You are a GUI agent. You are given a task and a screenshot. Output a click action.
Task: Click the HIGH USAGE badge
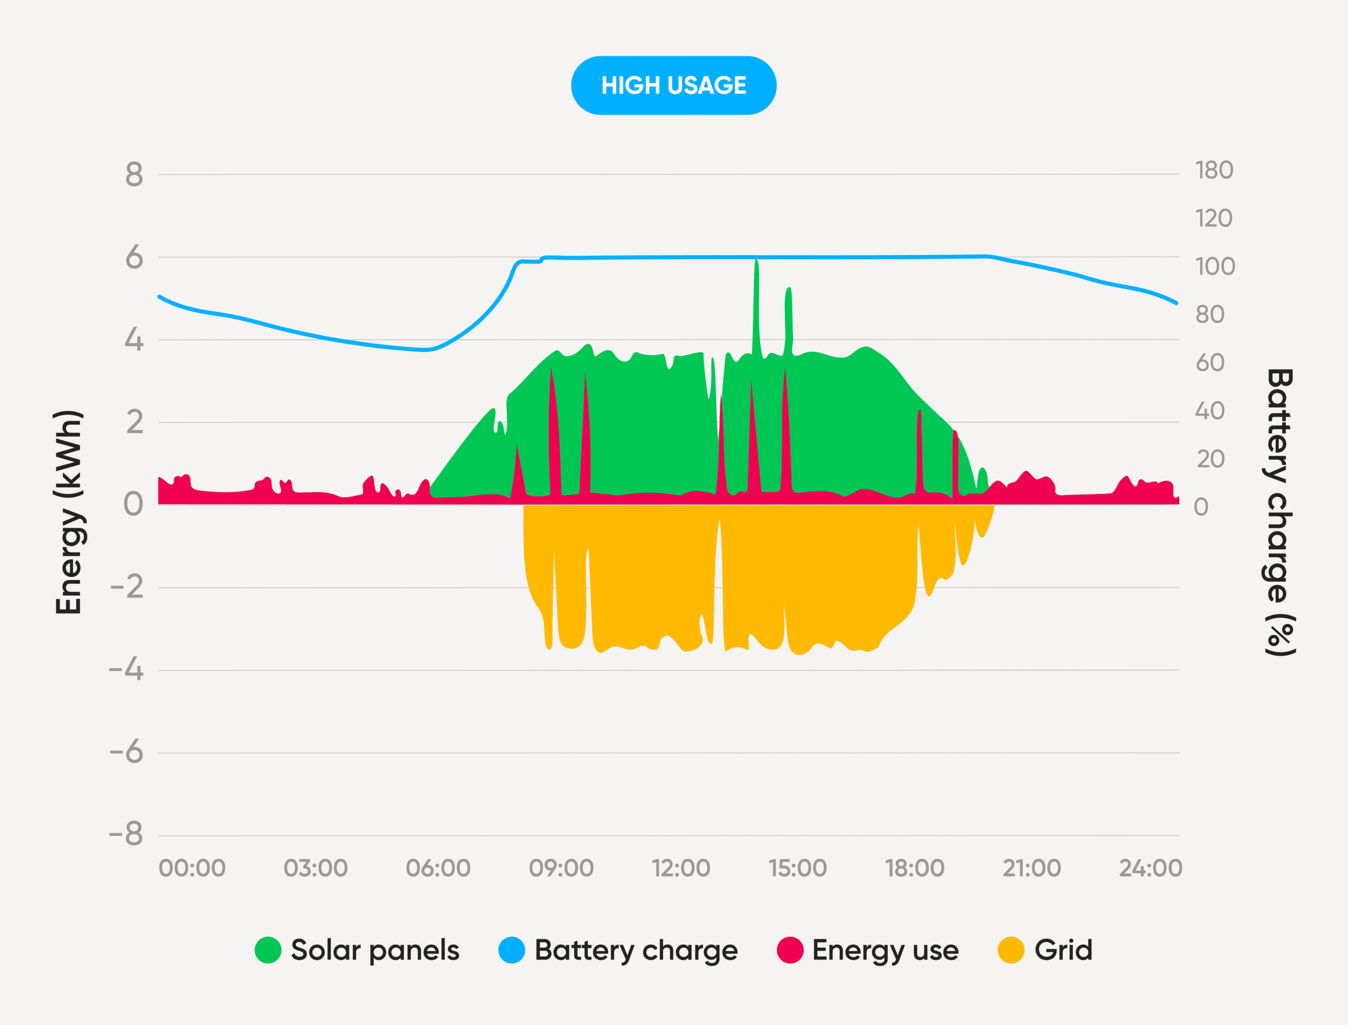click(x=673, y=85)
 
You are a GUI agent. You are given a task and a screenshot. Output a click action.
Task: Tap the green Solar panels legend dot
click(x=268, y=950)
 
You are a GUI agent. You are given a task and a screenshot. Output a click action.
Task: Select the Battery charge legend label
click(x=636, y=950)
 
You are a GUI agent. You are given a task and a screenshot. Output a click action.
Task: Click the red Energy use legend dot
click(x=790, y=950)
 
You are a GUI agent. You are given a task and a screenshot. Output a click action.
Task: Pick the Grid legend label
click(x=1063, y=950)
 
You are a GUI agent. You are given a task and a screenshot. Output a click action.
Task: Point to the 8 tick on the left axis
click(x=134, y=175)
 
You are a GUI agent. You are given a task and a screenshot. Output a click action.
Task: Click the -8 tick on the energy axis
click(x=126, y=833)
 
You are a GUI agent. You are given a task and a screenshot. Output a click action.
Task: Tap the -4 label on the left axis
click(x=126, y=670)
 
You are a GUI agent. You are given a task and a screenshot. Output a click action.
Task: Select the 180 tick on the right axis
click(x=1214, y=170)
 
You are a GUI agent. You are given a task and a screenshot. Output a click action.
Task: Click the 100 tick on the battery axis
click(x=1215, y=267)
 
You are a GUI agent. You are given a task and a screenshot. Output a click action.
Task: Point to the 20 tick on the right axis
click(x=1210, y=459)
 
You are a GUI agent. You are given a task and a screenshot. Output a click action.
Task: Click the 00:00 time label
click(x=192, y=868)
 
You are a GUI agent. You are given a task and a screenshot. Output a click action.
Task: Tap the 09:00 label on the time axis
click(x=561, y=868)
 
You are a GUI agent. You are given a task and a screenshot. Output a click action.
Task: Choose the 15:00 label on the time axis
click(x=797, y=868)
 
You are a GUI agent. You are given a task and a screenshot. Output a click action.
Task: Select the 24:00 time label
click(x=1151, y=868)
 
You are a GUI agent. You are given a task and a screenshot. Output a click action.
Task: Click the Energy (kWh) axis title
click(x=68, y=512)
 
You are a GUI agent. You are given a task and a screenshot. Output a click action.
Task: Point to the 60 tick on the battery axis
click(x=1210, y=362)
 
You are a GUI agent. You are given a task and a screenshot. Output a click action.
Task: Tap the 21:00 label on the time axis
click(x=1032, y=868)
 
